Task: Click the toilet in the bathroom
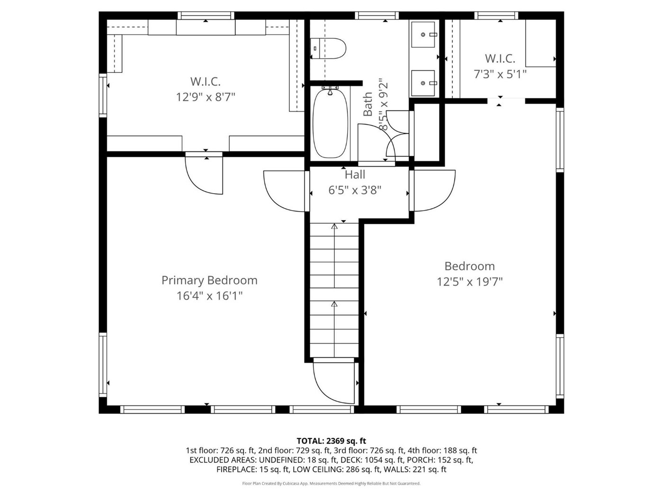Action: pyautogui.click(x=328, y=48)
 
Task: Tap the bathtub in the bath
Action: pyautogui.click(x=330, y=123)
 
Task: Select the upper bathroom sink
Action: pyautogui.click(x=423, y=35)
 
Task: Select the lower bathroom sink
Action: pyautogui.click(x=423, y=83)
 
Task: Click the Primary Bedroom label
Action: pyautogui.click(x=209, y=280)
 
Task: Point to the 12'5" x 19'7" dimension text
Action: pyautogui.click(x=470, y=282)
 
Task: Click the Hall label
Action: pyautogui.click(x=355, y=174)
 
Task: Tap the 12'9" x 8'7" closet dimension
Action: pyautogui.click(x=206, y=97)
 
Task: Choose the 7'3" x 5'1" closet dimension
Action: pyautogui.click(x=500, y=74)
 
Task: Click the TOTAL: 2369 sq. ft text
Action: pyautogui.click(x=331, y=441)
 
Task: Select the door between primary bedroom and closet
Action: pyautogui.click(x=204, y=175)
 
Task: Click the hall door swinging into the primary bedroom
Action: pyautogui.click(x=284, y=191)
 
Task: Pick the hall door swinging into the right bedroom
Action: pyautogui.click(x=435, y=191)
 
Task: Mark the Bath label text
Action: pyautogui.click(x=367, y=105)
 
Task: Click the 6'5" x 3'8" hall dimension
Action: pyautogui.click(x=355, y=190)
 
